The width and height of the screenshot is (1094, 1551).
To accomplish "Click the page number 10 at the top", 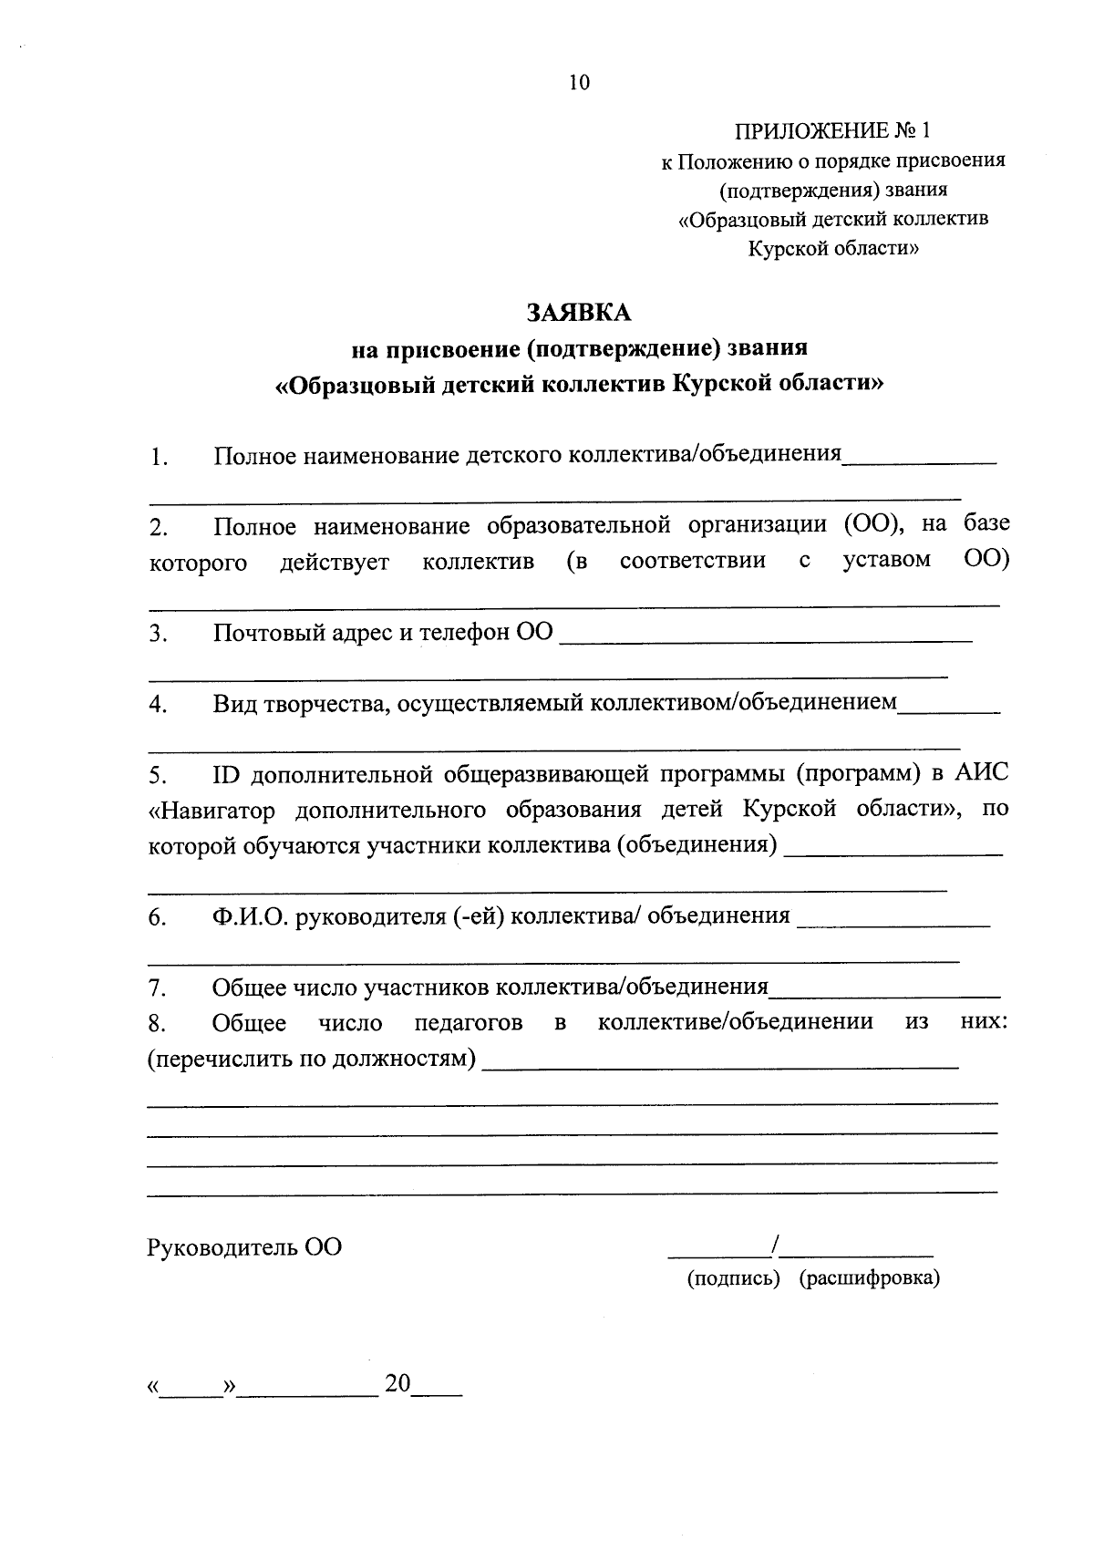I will [x=580, y=83].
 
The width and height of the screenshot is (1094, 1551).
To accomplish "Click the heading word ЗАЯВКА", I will [x=579, y=312].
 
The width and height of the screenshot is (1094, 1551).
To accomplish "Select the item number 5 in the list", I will [x=157, y=776].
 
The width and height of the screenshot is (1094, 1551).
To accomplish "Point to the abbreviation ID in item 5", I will [x=225, y=775].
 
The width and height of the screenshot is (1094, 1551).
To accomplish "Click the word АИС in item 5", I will [x=982, y=774].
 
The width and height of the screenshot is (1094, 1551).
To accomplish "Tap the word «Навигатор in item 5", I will [x=212, y=811].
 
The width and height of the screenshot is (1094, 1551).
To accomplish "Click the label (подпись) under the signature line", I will [x=733, y=1278].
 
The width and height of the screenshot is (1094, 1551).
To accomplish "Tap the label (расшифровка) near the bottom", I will [x=869, y=1278].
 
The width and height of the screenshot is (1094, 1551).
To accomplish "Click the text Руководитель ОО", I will [x=244, y=1246].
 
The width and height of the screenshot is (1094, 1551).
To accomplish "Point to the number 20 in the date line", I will [x=397, y=1383].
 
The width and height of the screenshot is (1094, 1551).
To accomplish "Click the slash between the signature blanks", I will [x=775, y=1244].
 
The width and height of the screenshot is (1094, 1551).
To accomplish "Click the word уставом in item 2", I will [x=886, y=560].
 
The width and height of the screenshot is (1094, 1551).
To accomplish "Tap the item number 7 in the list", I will [x=156, y=987].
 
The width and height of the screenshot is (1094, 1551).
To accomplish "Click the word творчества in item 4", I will [x=327, y=704].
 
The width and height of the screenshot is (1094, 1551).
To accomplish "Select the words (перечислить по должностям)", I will [x=312, y=1059].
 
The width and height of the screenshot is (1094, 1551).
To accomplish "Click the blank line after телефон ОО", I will [x=766, y=640].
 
